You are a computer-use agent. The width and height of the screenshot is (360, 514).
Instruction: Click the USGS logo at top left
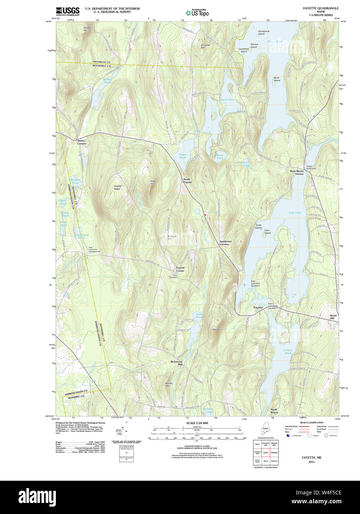click(67, 11)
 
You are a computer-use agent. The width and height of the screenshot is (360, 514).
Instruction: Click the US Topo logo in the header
click(197, 13)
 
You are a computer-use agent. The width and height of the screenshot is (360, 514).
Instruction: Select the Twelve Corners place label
click(81, 142)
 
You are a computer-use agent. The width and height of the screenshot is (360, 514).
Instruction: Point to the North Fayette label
click(188, 181)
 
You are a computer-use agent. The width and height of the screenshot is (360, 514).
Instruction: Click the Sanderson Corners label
click(225, 243)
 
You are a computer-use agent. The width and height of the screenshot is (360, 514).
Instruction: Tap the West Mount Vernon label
click(297, 172)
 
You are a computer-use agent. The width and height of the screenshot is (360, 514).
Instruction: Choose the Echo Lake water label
click(295, 213)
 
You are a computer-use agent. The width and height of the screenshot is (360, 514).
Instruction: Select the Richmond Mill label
click(176, 363)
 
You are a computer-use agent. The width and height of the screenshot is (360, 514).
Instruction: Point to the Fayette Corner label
click(180, 269)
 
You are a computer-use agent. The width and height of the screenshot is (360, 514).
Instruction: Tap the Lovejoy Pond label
click(288, 351)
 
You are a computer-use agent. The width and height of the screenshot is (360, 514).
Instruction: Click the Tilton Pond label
click(182, 156)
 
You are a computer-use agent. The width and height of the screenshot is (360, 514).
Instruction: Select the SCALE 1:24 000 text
click(197, 423)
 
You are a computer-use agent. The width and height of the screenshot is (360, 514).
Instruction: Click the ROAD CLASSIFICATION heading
click(311, 422)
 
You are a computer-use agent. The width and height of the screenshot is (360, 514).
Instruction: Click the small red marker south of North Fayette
click(205, 214)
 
